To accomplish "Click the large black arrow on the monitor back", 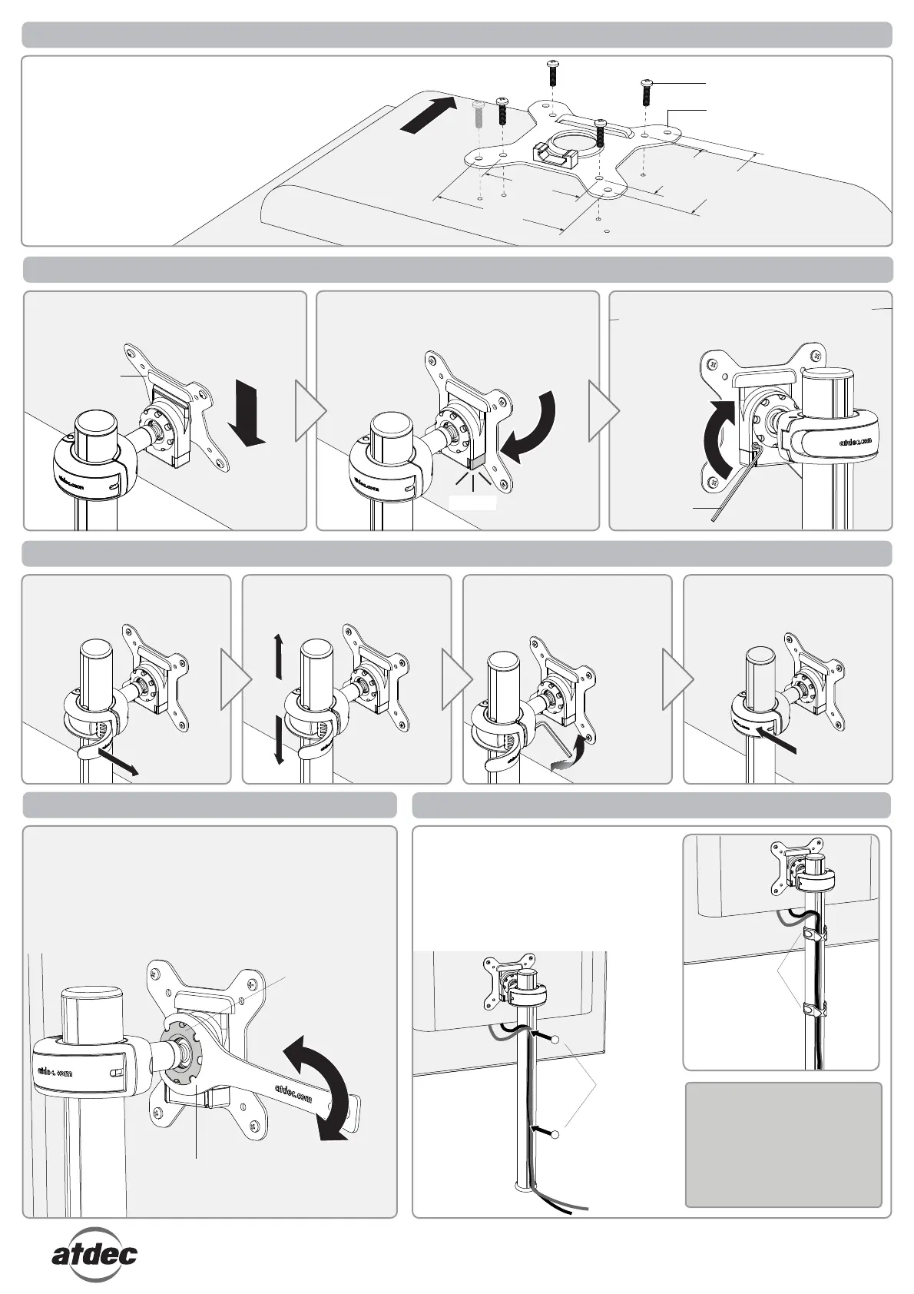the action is [427, 116].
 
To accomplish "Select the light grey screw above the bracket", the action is [478, 115].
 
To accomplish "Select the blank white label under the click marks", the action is [472, 503].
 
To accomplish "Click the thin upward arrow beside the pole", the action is [278, 656].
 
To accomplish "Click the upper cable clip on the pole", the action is [814, 934].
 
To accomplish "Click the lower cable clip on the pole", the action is [814, 1007].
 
